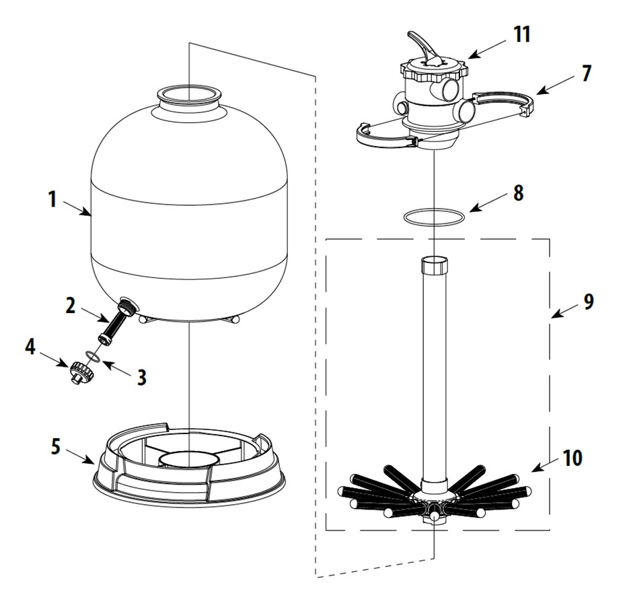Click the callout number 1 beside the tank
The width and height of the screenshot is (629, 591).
[52, 199]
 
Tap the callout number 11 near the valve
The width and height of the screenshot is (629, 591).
[522, 34]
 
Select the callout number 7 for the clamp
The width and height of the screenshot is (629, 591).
[586, 73]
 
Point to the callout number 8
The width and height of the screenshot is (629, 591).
[518, 193]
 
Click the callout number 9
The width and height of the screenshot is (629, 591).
[588, 301]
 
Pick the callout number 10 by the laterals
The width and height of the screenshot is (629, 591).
[572, 458]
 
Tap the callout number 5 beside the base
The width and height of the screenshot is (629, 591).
[56, 446]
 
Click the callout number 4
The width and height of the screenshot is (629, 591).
[30, 346]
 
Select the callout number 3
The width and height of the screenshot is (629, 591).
[141, 378]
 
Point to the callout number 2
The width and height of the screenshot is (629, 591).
[70, 306]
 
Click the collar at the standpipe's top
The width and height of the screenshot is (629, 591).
[435, 265]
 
